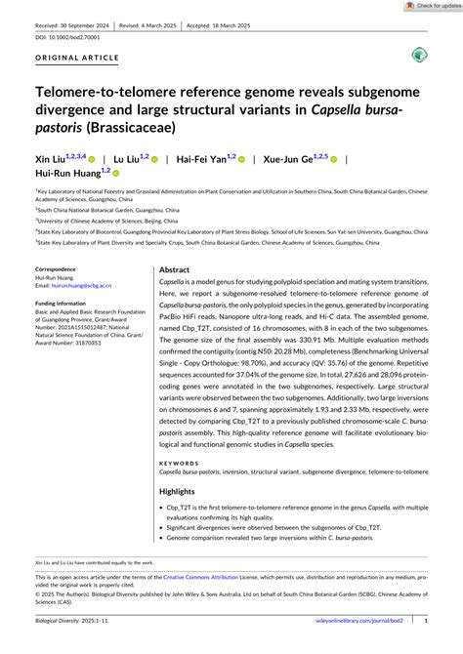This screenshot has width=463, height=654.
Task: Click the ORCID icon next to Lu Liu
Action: pos(155,157)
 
